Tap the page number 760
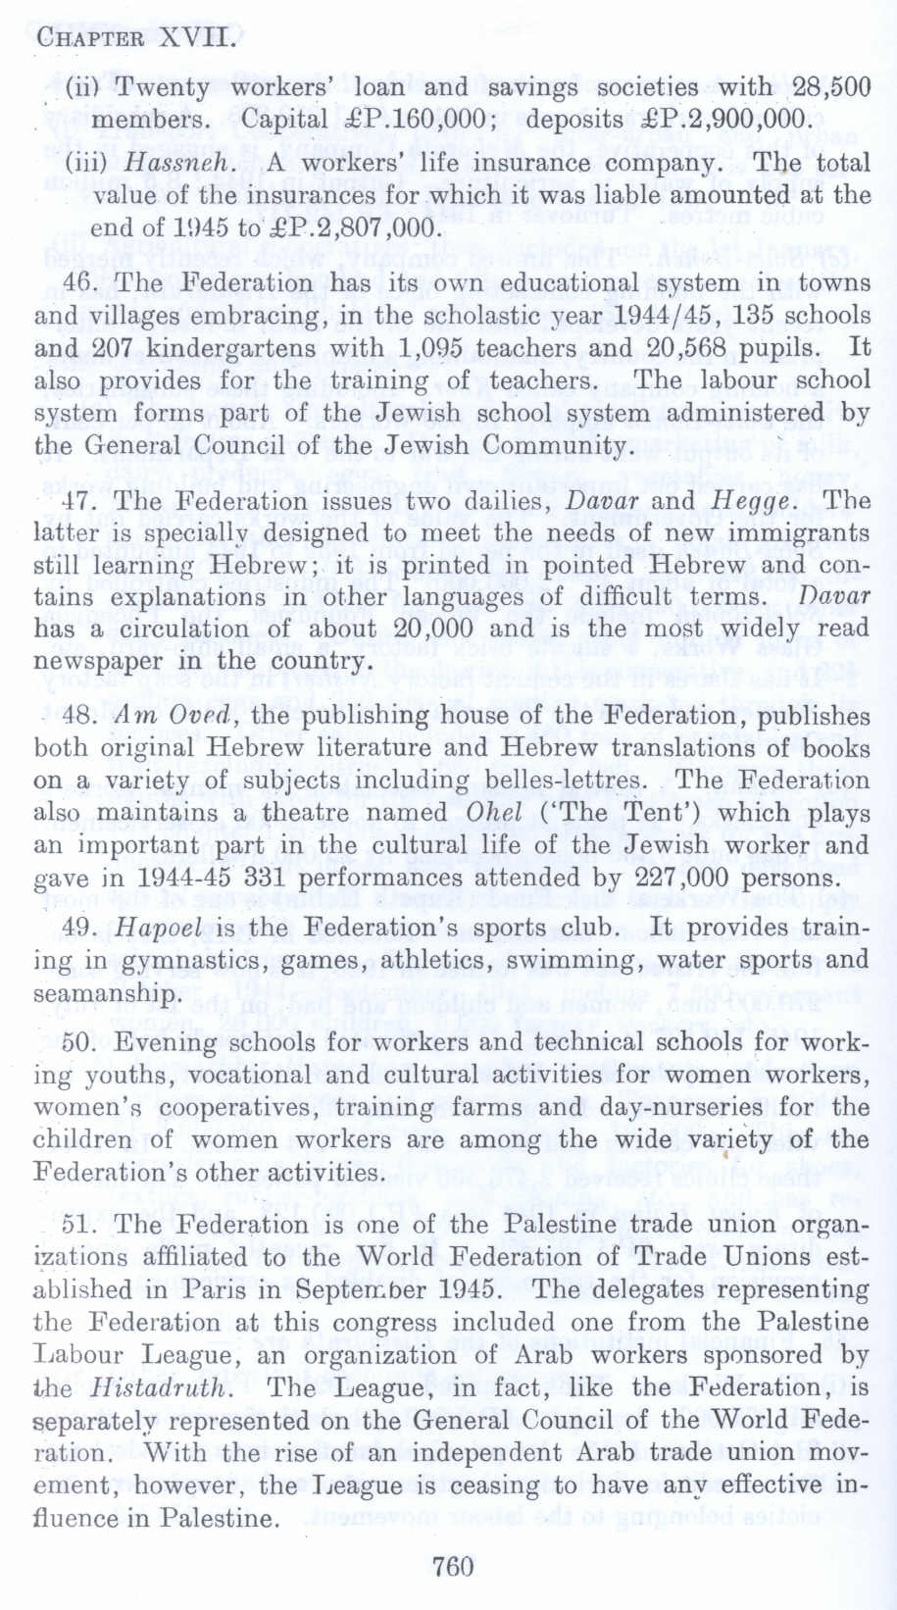click(x=453, y=1566)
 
